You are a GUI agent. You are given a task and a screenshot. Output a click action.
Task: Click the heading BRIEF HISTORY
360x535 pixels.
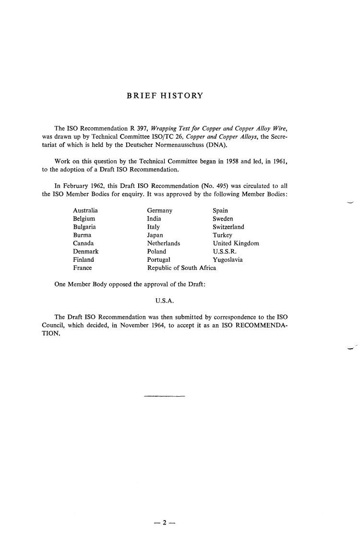pyautogui.click(x=165, y=96)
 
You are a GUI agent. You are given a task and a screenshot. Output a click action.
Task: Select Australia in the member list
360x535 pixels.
pyautogui.click(x=85, y=210)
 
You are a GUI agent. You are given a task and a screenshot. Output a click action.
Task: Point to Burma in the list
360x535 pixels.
pyautogui.click(x=82, y=235)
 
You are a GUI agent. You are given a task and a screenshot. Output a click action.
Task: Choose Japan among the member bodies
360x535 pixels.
pyautogui.click(x=155, y=235)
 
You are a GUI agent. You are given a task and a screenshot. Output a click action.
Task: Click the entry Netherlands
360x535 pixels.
pyautogui.click(x=164, y=243)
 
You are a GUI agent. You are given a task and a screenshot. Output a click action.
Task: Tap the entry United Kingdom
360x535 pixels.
pyautogui.click(x=236, y=243)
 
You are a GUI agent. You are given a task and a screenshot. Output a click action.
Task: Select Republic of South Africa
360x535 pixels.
pyautogui.click(x=181, y=268)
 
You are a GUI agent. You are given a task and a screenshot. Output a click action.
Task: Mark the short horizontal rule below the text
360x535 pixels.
pyautogui.click(x=164, y=396)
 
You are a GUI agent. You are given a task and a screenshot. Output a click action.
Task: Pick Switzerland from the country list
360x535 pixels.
pyautogui.click(x=228, y=227)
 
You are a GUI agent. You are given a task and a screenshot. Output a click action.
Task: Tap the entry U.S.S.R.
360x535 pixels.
pyautogui.click(x=225, y=252)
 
